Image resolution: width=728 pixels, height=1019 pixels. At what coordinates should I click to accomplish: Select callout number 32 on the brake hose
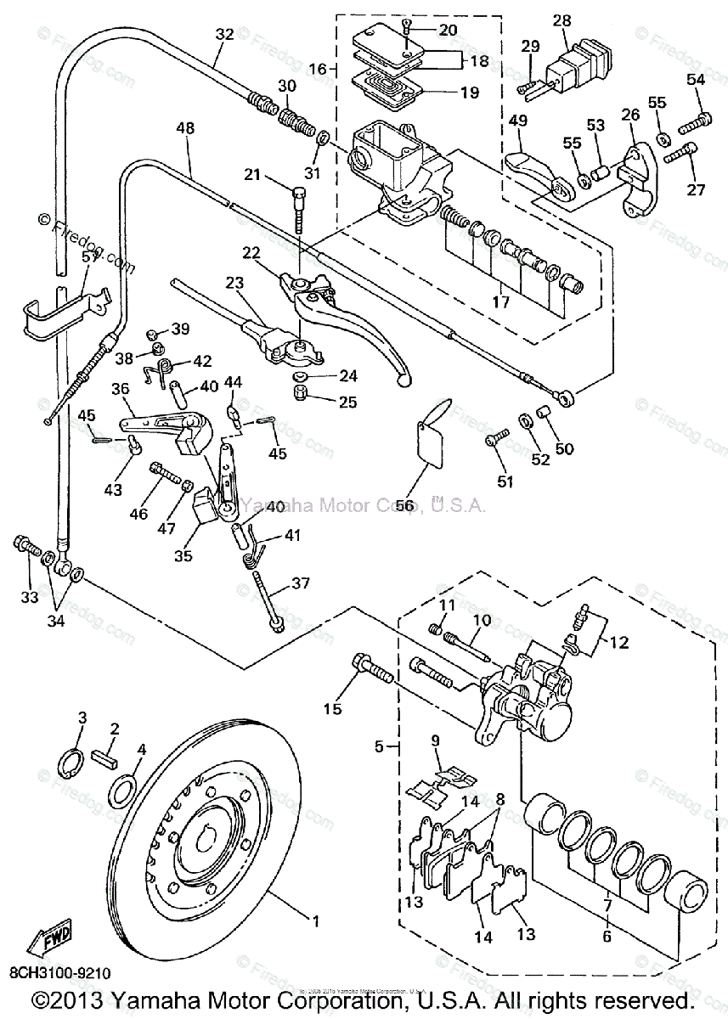click(x=224, y=35)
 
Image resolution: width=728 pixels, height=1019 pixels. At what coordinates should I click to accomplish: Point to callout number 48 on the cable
click(x=185, y=128)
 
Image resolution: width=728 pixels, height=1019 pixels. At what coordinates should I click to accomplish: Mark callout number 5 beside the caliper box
click(x=381, y=746)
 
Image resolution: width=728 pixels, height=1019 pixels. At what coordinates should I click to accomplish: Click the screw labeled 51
click(x=497, y=439)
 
